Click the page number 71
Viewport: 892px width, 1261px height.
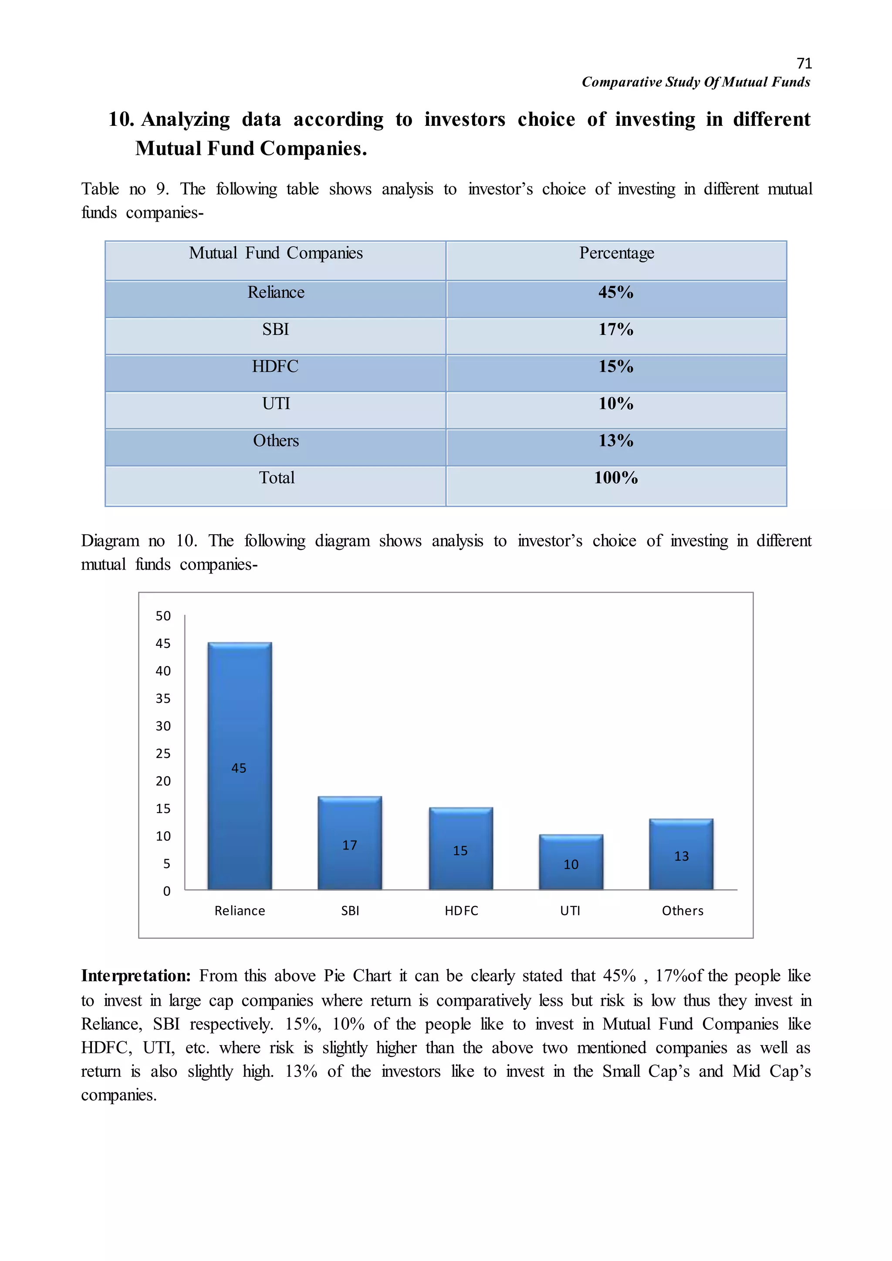pyautogui.click(x=804, y=64)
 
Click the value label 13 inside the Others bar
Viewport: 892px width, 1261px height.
pyautogui.click(x=681, y=856)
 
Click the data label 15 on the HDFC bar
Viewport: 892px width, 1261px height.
pyautogui.click(x=460, y=851)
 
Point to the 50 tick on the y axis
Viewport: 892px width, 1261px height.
pyautogui.click(x=163, y=616)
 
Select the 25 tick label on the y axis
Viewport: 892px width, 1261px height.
pyautogui.click(x=163, y=754)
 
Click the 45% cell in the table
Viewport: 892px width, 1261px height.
pyautogui.click(x=616, y=293)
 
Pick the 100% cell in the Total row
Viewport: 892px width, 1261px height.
pyautogui.click(x=616, y=478)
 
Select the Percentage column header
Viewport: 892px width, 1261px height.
pyautogui.click(x=616, y=253)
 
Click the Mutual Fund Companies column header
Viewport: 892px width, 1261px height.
pyautogui.click(x=276, y=253)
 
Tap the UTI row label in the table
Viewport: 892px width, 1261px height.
pyautogui.click(x=276, y=404)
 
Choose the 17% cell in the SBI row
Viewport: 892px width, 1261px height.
pyautogui.click(x=616, y=330)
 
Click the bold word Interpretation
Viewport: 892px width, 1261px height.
pyautogui.click(x=135, y=976)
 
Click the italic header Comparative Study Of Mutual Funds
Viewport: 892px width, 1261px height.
pyautogui.click(x=696, y=82)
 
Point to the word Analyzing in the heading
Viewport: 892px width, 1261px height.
pyautogui.click(x=186, y=120)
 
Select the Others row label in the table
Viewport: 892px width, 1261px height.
pyautogui.click(x=276, y=441)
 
